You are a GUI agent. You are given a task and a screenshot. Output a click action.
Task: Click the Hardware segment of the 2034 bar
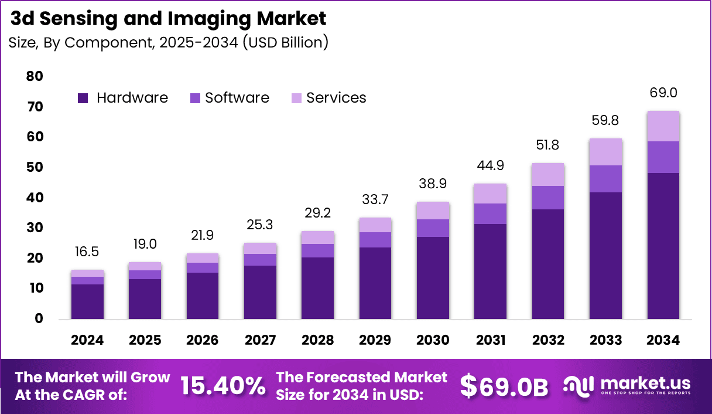coord(663,246)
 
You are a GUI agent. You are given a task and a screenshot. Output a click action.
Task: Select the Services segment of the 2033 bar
coord(605,152)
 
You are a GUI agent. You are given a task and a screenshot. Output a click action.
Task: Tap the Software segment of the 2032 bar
coord(547,198)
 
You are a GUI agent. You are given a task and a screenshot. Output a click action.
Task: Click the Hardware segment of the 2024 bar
coord(87,301)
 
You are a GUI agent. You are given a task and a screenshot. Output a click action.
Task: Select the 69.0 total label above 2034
coord(663,93)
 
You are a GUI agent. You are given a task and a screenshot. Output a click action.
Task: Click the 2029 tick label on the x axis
coord(375,340)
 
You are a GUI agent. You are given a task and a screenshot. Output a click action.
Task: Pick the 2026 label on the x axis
coord(203,340)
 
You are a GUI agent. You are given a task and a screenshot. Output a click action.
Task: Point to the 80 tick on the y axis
coord(35,76)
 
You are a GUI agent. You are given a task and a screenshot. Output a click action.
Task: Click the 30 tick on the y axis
coord(35,228)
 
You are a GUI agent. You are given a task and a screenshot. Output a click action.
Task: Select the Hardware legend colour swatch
coord(83,99)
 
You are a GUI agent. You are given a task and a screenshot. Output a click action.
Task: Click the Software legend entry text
coord(237,98)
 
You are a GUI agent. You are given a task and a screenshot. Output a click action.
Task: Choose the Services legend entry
coord(336,98)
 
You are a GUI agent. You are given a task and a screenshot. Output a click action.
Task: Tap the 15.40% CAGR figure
coord(222,386)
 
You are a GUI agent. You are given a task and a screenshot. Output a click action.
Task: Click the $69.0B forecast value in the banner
coord(504,386)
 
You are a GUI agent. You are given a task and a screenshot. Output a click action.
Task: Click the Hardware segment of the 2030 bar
coord(432,278)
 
